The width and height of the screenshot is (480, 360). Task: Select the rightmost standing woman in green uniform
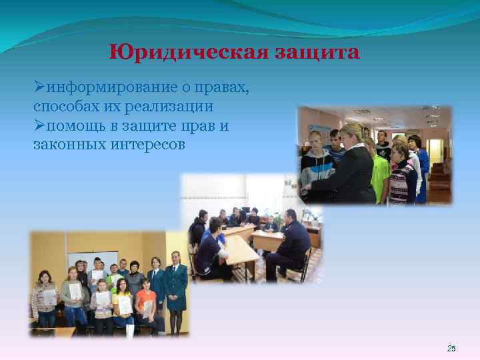(176, 287)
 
